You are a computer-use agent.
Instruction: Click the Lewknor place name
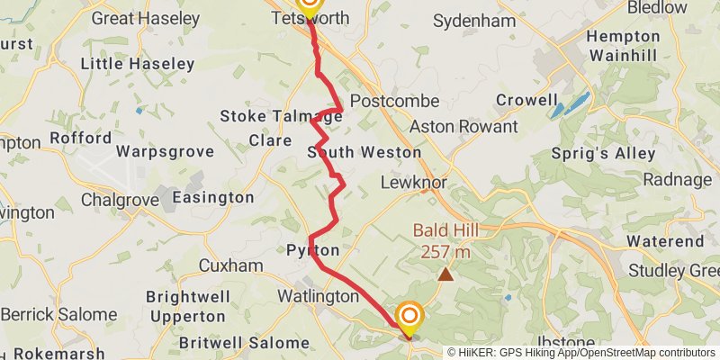point(414,182)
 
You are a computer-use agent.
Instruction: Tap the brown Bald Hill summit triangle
point(445,273)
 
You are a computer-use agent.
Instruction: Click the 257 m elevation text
point(445,252)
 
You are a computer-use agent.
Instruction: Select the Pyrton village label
point(313,250)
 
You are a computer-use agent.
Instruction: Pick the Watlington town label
point(317,296)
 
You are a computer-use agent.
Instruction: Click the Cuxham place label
point(230,266)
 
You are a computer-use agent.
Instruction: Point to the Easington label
point(212,197)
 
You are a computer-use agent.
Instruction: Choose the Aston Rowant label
point(463,128)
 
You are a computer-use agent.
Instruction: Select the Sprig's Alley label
point(603,154)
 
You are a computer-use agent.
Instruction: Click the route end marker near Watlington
point(409,316)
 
